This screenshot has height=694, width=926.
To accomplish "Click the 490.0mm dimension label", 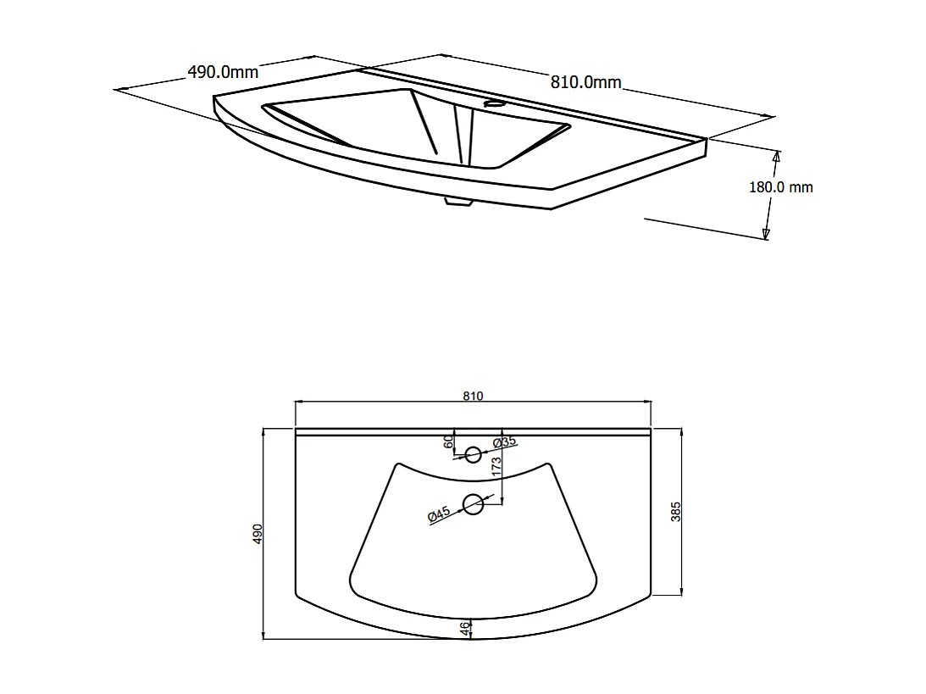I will (222, 72).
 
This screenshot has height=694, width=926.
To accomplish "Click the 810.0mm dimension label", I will (586, 82).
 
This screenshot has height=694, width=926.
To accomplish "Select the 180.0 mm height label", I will (780, 187).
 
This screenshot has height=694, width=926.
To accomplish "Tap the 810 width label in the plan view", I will (473, 397).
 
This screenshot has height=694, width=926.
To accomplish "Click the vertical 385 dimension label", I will (676, 511).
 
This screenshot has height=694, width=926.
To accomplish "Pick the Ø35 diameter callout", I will (505, 442).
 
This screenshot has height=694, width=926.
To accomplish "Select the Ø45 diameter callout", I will (438, 514).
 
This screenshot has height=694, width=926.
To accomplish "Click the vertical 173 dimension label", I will (496, 464).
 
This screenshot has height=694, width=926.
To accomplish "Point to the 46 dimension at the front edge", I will (464, 629).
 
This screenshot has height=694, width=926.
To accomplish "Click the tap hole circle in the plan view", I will (473, 455).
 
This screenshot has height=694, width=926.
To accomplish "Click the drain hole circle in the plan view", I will (473, 505).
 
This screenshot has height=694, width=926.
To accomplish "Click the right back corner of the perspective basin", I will (705, 139).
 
